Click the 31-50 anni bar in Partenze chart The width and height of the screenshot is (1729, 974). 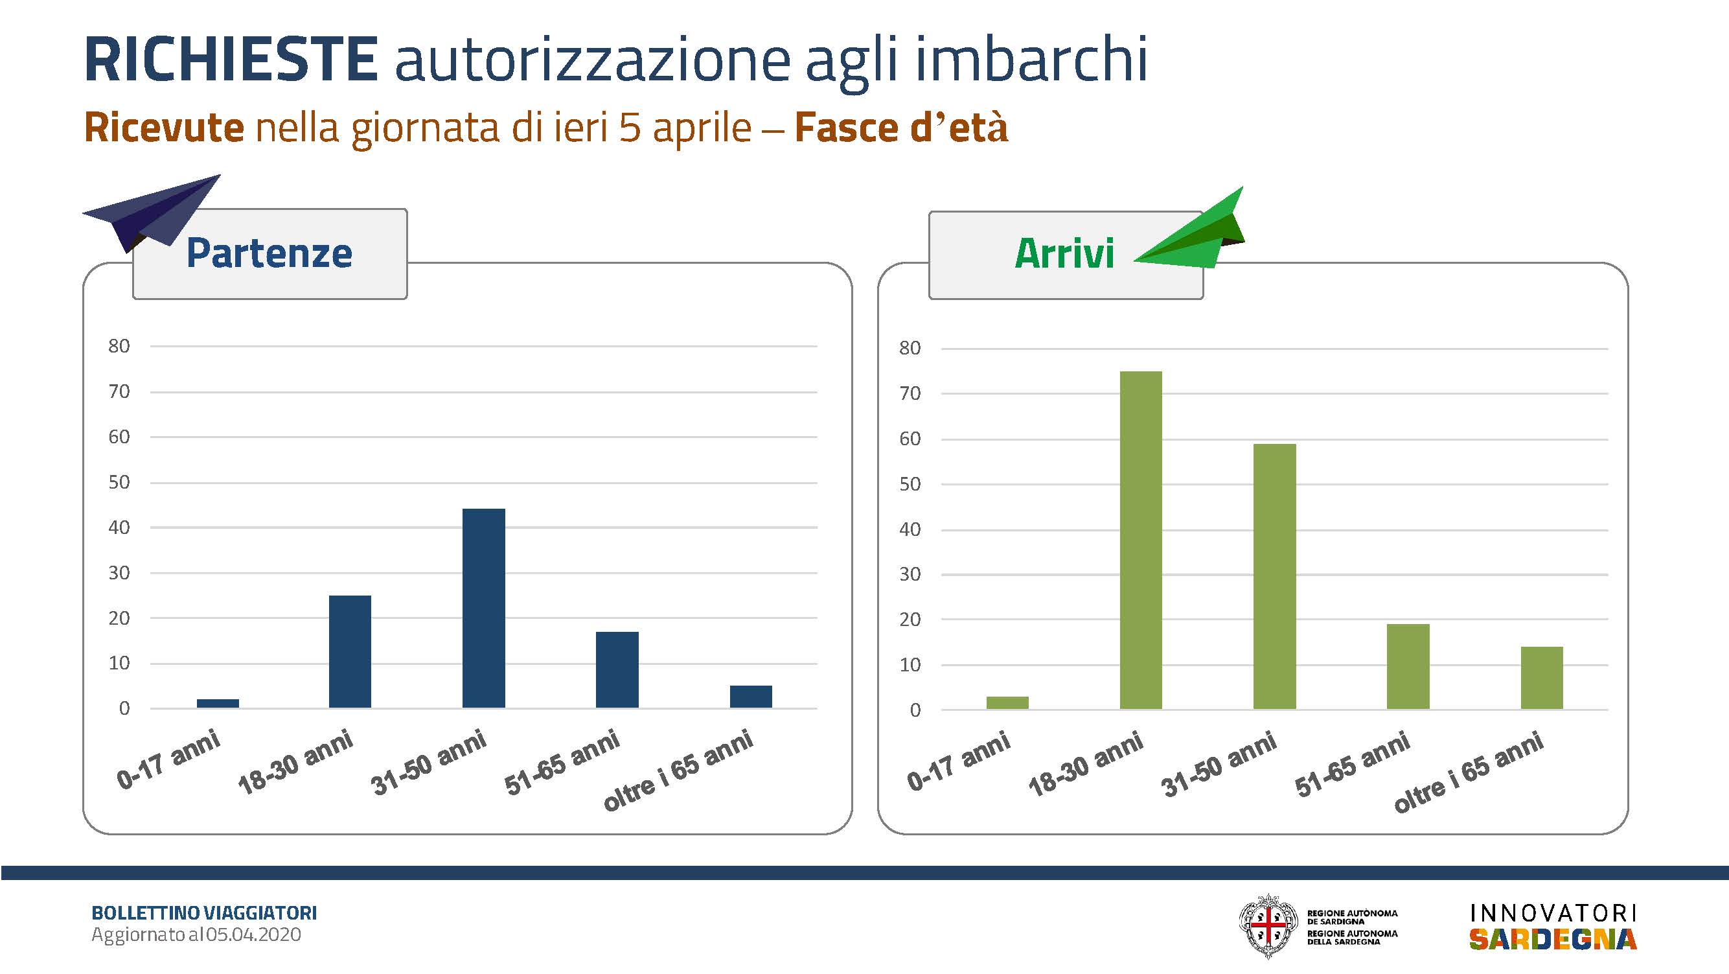coord(484,608)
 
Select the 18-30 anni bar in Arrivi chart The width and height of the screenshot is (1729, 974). coord(1141,540)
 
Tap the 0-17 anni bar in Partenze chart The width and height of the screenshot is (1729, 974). coord(218,704)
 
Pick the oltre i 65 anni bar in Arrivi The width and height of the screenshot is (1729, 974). coord(1542,678)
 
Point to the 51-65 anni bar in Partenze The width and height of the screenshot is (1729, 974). coord(617,670)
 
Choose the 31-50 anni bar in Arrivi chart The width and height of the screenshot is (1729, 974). coord(1275,577)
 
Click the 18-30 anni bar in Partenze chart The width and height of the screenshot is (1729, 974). coord(350,652)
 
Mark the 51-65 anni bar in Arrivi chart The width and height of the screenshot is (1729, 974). coord(1408,667)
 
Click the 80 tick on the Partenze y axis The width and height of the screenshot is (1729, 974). coord(119,346)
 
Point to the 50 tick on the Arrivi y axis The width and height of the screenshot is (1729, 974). coord(910,484)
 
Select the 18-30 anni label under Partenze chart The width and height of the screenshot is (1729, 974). coord(296,763)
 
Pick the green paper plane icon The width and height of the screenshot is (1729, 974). coord(1189,228)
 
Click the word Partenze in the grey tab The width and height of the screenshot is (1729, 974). coord(269,253)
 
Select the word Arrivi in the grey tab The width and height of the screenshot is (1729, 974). coord(1064,254)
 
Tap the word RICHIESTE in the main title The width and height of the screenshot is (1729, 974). coord(231,59)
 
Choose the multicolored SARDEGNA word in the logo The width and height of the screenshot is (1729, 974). coord(1553,939)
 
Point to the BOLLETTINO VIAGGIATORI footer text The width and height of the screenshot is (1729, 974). coord(204,913)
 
